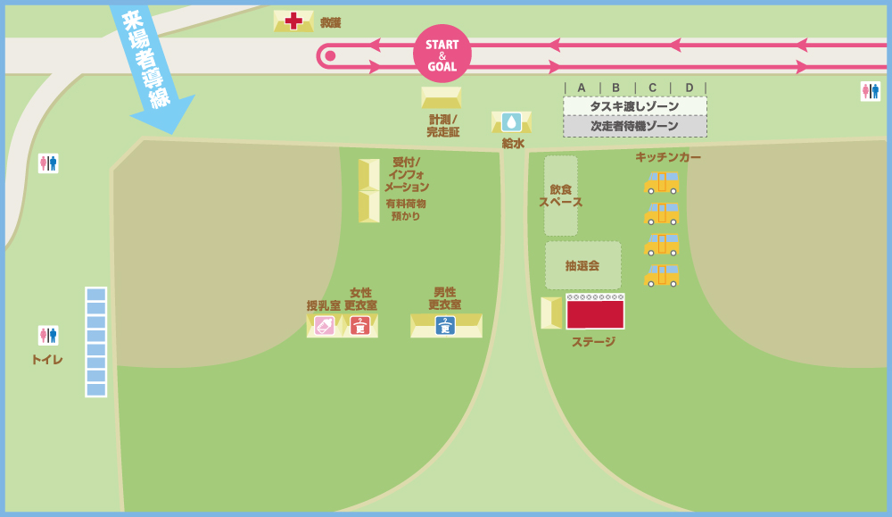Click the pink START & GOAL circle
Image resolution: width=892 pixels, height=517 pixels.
point(442,54)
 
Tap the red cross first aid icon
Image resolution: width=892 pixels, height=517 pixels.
point(293,21)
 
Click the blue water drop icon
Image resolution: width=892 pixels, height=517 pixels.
point(511,121)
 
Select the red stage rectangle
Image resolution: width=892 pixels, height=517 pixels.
point(595,314)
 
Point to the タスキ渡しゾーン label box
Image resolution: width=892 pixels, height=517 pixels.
point(634,106)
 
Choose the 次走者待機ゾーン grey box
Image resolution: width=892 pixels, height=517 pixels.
point(634,126)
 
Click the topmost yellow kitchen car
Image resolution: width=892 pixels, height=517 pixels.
point(662,183)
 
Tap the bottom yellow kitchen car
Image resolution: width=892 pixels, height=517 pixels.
point(662,275)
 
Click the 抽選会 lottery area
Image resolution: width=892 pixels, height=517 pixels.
point(582,265)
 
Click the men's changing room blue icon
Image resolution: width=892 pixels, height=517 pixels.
point(445,326)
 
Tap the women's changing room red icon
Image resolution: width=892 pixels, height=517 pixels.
point(359,326)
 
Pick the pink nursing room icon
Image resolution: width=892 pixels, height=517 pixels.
point(324,326)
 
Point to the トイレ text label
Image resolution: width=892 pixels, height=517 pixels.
point(47,359)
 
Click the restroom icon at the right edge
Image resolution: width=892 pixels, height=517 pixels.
point(870,91)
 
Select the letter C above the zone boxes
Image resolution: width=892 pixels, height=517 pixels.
point(652,88)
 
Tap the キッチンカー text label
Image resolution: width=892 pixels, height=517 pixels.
point(667,157)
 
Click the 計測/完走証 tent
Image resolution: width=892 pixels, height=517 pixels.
point(441,96)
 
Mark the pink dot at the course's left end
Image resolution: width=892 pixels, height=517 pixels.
point(330,56)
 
